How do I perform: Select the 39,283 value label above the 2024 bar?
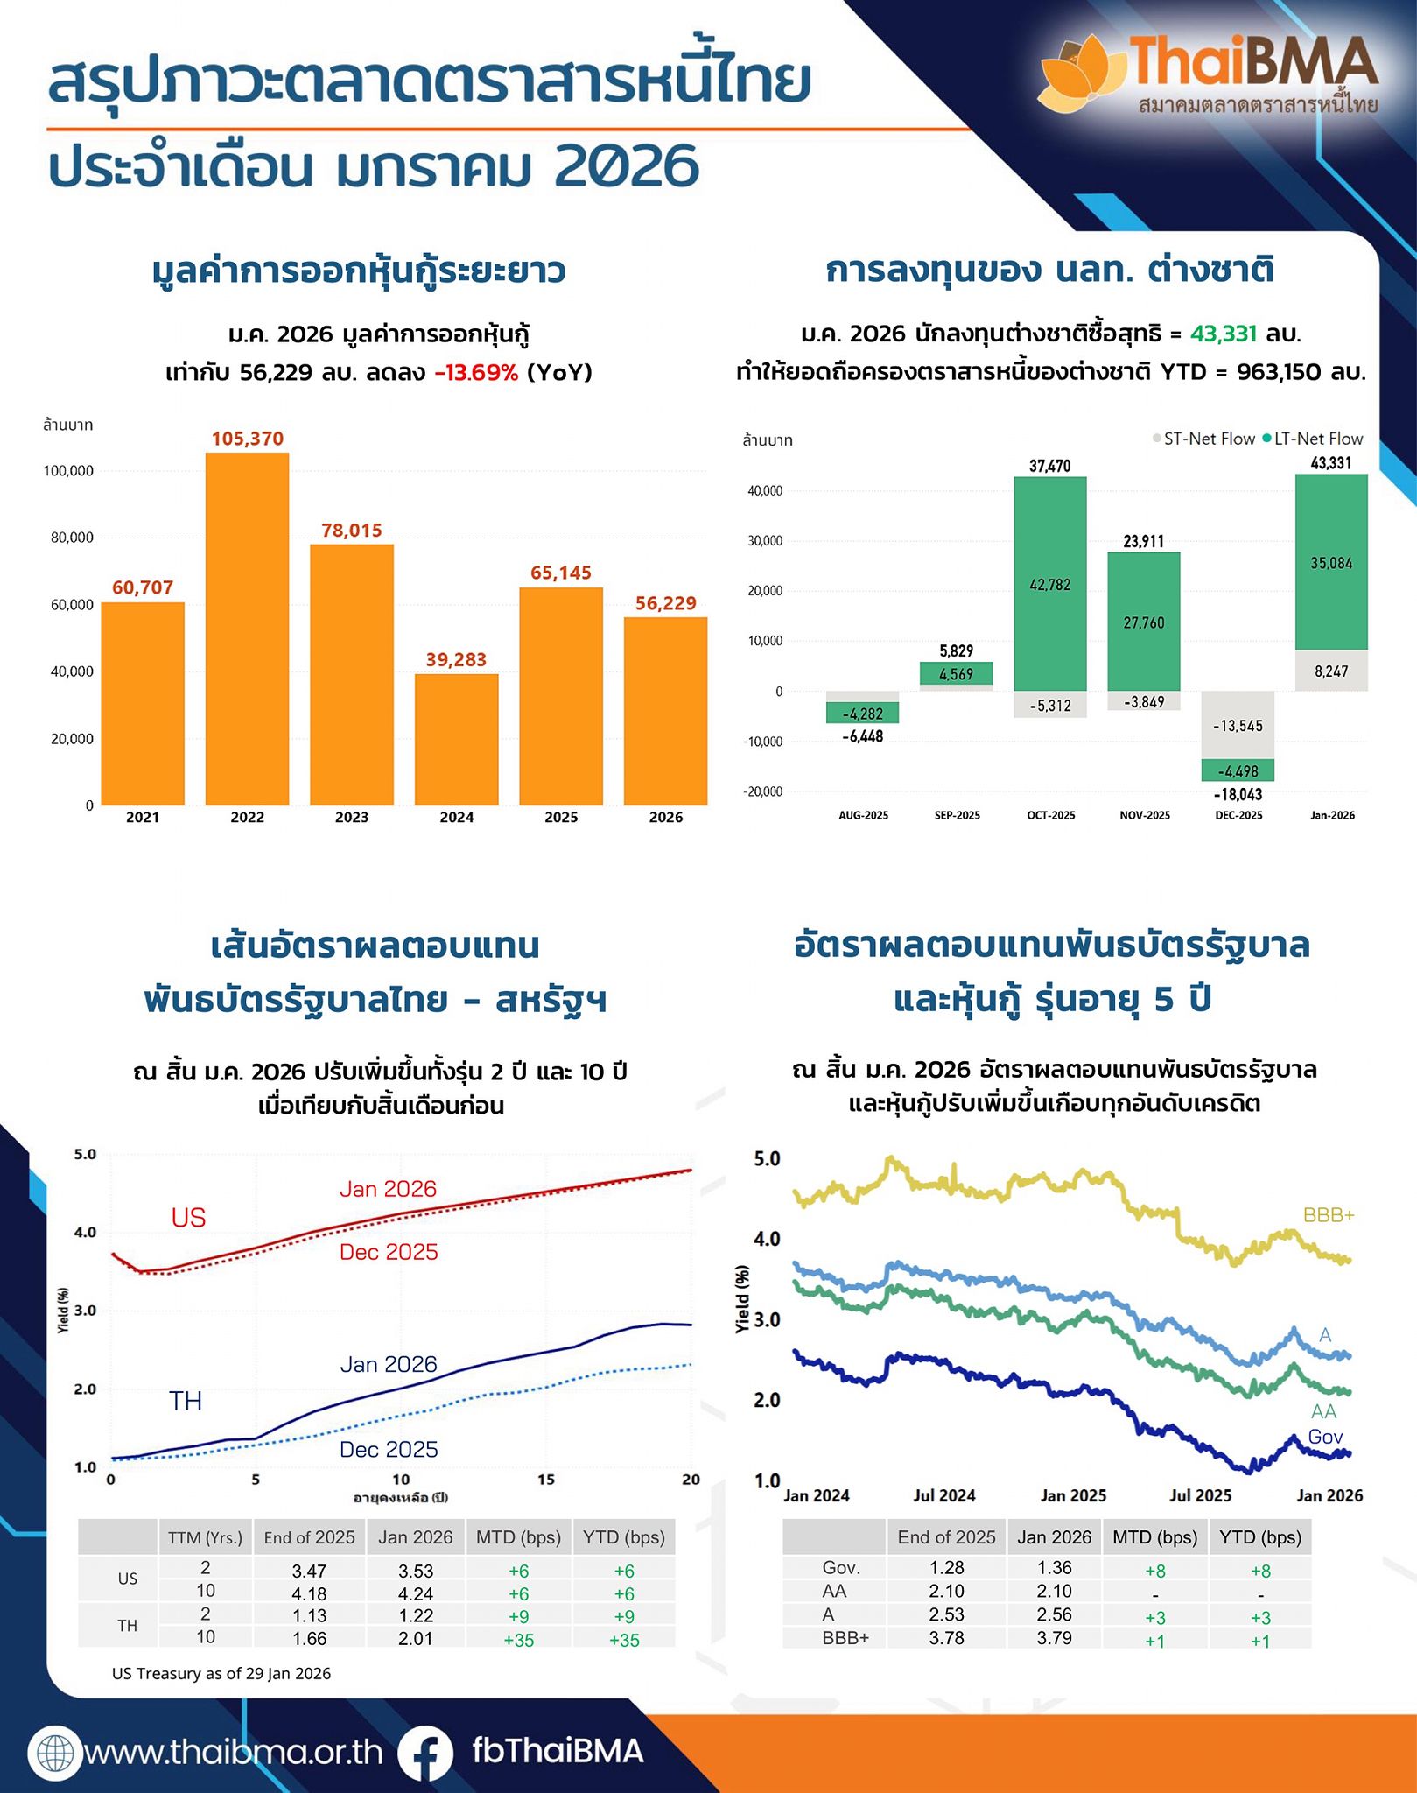(x=456, y=659)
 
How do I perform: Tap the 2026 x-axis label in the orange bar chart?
(x=665, y=817)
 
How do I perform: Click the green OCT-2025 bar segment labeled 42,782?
(x=1049, y=584)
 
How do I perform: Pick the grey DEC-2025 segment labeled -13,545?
(x=1238, y=725)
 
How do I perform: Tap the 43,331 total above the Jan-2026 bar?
(x=1330, y=463)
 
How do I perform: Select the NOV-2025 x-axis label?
(x=1144, y=815)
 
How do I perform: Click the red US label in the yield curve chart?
(x=188, y=1218)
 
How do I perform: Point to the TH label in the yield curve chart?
(x=186, y=1401)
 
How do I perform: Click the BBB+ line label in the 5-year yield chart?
(x=1328, y=1215)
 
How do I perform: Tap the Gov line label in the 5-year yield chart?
(x=1325, y=1437)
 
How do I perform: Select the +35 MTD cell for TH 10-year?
(x=518, y=1640)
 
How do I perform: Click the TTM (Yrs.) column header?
(x=205, y=1537)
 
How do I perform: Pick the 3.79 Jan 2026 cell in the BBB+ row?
(x=1054, y=1637)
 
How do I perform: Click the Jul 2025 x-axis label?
(x=1200, y=1495)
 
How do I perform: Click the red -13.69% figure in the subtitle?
(x=477, y=373)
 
